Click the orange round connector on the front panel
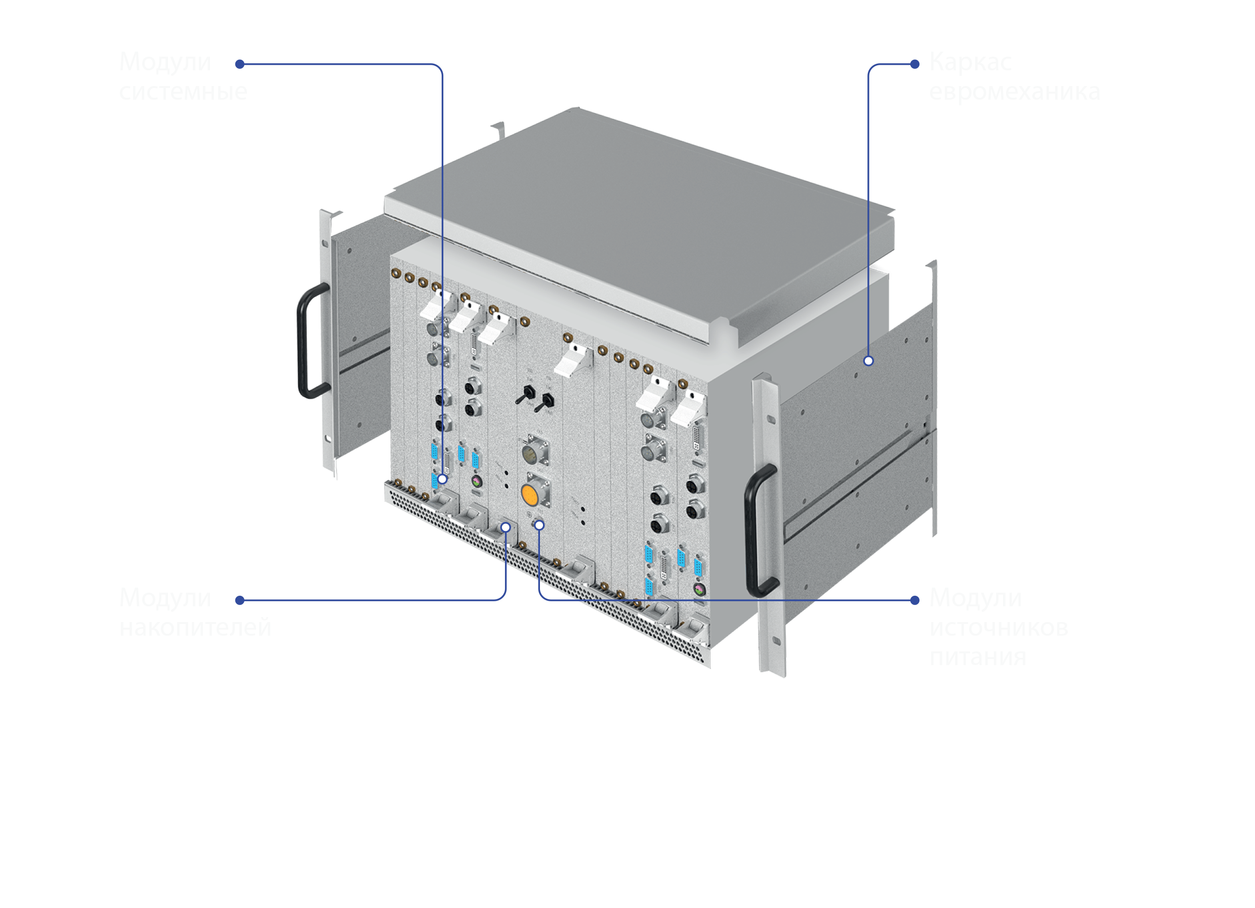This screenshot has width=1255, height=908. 529,494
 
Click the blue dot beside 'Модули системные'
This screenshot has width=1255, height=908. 239,64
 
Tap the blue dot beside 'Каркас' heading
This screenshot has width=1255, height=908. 915,64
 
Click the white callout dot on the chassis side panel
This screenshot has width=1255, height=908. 868,361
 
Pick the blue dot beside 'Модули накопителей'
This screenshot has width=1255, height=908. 239,600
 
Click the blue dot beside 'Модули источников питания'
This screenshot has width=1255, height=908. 915,600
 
